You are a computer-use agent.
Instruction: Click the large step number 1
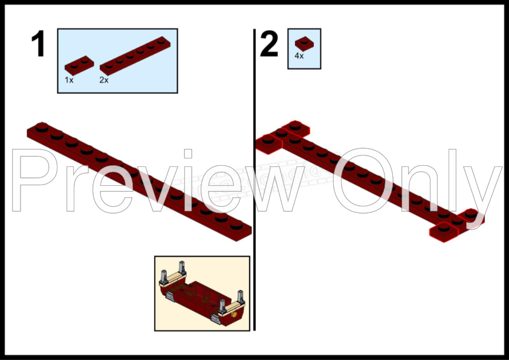[x=38, y=44]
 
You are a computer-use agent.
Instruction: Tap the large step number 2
[x=269, y=44]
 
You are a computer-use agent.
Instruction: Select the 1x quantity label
[x=69, y=80]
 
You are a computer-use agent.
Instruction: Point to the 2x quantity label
[x=104, y=80]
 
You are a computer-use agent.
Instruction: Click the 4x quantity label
[x=299, y=56]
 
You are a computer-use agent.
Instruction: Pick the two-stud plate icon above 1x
[x=79, y=65]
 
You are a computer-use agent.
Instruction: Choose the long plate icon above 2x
[x=135, y=56]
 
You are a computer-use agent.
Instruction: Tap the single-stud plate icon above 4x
[x=304, y=44]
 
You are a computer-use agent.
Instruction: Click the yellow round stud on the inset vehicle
[x=234, y=315]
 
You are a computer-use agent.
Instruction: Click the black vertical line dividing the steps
[x=254, y=180]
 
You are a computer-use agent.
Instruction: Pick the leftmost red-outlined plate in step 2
[x=269, y=144]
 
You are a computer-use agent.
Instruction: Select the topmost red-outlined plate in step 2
[x=296, y=129]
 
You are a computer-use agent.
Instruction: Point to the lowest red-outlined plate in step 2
[x=444, y=232]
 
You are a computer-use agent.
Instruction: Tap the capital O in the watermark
[x=363, y=181]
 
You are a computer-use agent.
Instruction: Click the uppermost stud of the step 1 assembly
[x=42, y=126]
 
